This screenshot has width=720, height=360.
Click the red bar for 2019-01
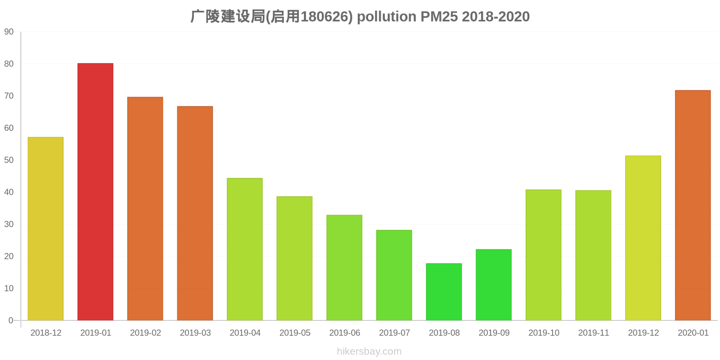(95, 192)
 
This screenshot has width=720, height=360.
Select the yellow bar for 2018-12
(45, 229)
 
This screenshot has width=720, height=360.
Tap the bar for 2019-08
(444, 292)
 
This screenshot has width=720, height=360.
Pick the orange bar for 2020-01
(693, 205)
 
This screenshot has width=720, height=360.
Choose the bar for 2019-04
(245, 249)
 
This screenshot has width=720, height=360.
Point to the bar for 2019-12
(643, 238)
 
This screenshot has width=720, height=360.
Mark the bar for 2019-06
(344, 268)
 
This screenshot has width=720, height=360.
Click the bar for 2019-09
(494, 285)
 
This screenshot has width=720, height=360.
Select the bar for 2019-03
(195, 213)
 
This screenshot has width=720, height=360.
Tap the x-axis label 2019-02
(145, 333)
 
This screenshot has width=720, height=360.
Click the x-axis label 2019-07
(394, 333)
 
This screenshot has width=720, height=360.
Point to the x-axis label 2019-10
(544, 333)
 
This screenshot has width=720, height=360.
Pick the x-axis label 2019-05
(295, 333)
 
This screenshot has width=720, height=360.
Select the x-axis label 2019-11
(594, 333)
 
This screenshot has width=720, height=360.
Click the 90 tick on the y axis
(9, 32)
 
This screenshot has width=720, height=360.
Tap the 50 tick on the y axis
(9, 160)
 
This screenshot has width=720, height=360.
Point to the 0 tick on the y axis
(11, 320)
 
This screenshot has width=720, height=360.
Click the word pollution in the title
(387, 17)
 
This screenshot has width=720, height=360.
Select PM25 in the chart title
(439, 17)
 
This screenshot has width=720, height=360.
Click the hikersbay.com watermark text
(369, 351)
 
